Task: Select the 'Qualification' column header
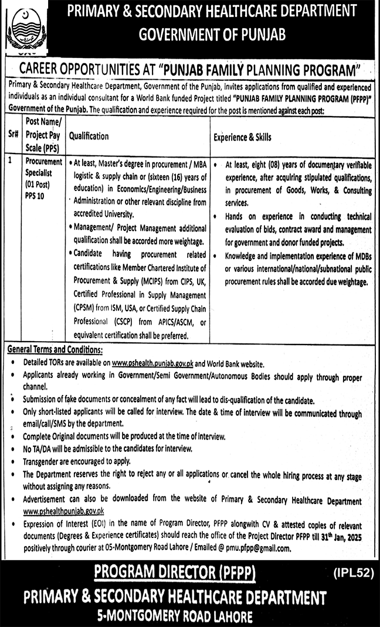coord(89,136)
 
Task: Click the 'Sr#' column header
coord(13,136)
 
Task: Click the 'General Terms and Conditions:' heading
coord(55,350)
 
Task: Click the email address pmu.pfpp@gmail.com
coord(261,548)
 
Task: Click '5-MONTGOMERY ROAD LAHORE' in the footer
coord(175,616)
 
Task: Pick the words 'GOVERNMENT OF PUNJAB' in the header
coord(212,35)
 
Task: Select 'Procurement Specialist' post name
coord(43,166)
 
